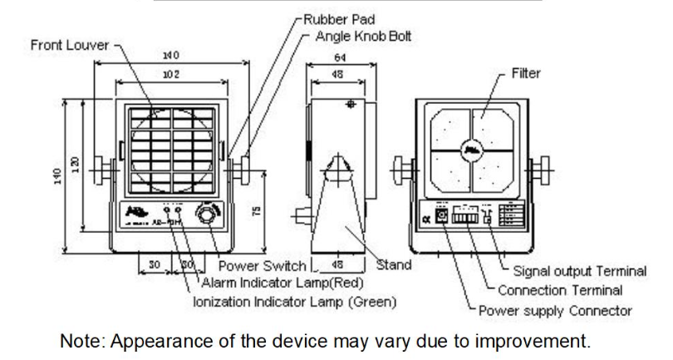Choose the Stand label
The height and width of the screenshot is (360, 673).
394,266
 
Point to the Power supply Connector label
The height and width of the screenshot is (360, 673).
556,311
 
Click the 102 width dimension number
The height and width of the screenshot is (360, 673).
171,74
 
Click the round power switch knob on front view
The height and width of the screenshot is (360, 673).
204,216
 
